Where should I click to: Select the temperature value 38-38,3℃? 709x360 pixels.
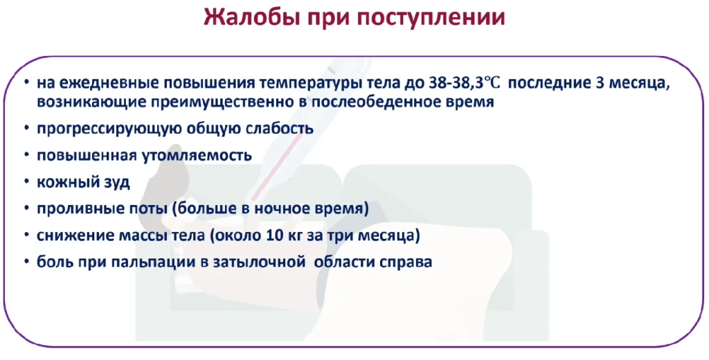pos(465,84)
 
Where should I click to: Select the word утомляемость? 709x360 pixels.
pos(197,156)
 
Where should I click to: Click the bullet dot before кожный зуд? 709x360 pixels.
pos(27,182)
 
